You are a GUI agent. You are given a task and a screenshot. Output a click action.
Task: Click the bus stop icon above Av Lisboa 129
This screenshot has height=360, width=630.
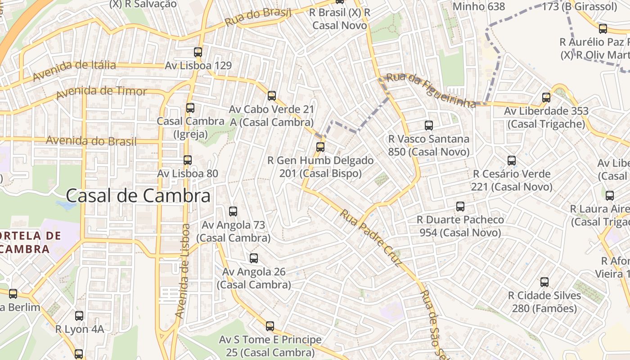point(198,52)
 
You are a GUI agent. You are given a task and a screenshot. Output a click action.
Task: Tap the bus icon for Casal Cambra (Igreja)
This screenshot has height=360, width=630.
point(190,108)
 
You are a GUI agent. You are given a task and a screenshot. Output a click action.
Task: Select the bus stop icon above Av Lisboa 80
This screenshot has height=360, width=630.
point(188,160)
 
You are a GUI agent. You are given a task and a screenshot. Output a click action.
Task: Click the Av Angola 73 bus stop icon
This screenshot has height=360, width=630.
point(233,211)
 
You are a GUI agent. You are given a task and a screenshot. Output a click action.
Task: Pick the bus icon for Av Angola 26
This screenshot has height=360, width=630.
point(254,258)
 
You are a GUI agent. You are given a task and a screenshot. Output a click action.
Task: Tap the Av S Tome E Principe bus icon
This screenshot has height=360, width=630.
point(270,326)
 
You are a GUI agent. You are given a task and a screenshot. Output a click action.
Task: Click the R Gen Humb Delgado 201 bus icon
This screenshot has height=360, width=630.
point(320,147)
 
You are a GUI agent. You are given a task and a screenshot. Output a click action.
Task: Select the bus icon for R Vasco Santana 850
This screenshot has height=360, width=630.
point(429,125)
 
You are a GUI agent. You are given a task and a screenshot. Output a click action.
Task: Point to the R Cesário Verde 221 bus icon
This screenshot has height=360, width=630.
point(512,160)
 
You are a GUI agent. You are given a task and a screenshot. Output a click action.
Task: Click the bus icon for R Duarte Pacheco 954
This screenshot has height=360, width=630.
point(460,206)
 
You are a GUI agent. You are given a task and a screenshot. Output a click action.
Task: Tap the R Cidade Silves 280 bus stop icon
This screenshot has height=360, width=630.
point(544,282)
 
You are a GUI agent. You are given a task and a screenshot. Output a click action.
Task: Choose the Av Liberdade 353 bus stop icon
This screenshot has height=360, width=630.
point(546,97)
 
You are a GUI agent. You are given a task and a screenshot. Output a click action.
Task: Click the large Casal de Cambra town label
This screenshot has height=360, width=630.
point(138,196)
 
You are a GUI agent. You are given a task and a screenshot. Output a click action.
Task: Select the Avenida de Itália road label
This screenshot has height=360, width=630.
point(74,70)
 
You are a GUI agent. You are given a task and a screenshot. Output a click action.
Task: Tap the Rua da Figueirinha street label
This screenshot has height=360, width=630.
point(431,90)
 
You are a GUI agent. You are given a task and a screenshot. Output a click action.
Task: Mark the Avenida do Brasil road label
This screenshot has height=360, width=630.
point(91,141)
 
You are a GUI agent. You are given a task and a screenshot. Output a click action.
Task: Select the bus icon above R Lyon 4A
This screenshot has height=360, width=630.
point(79,315)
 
